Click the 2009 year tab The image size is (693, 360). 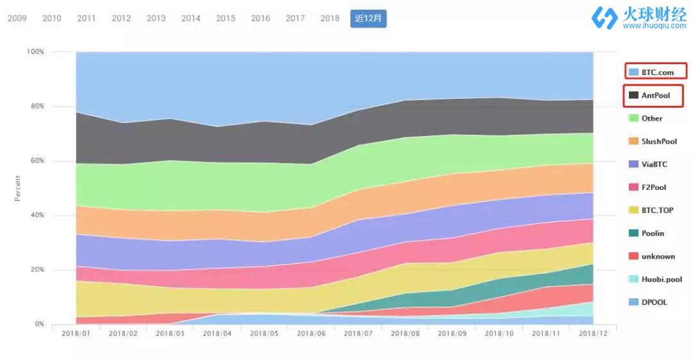tap(17, 18)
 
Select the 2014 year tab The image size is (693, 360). tap(191, 18)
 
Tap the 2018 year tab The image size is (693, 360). tap(330, 18)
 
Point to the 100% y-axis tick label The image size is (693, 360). tap(35, 51)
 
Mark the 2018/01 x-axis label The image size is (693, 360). tap(76, 334)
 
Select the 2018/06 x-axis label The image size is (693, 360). tap(311, 334)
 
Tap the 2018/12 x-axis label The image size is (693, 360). tap(594, 334)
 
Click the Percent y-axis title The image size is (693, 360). tap(18, 188)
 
